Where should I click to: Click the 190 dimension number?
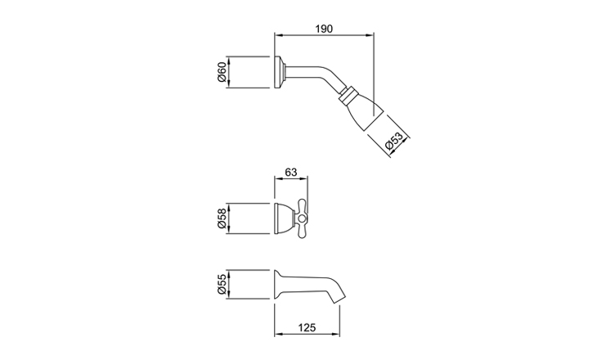point(324,29)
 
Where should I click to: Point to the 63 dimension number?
point(291,172)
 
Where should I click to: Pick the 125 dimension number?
point(307,327)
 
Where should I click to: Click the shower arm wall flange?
point(279,72)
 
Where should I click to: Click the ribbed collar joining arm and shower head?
point(348,95)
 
